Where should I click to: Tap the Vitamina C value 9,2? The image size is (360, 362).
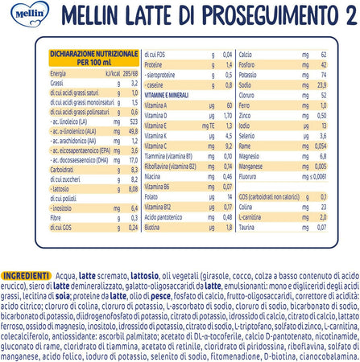[228, 146]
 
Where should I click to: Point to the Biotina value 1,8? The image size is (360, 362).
[228, 228]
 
